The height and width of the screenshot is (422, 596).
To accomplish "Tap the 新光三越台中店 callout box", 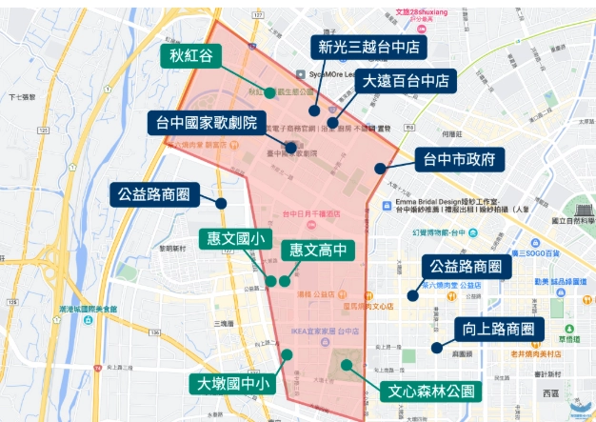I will [368, 47].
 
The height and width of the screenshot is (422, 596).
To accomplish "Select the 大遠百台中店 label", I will [407, 81].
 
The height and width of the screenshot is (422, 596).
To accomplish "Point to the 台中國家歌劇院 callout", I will [204, 123].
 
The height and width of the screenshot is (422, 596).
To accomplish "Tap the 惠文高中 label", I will [318, 251].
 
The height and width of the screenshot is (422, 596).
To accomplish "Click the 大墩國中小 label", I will [234, 384].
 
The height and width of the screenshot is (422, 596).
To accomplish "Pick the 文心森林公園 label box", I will [430, 391].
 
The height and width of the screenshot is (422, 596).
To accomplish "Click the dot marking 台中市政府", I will [379, 169].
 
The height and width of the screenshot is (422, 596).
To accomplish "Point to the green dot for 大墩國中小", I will [287, 354].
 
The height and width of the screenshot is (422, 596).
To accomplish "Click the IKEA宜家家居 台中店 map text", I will [325, 331].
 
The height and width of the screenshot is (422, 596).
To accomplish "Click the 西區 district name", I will [551, 392].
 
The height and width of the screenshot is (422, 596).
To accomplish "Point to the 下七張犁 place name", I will [21, 96].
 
